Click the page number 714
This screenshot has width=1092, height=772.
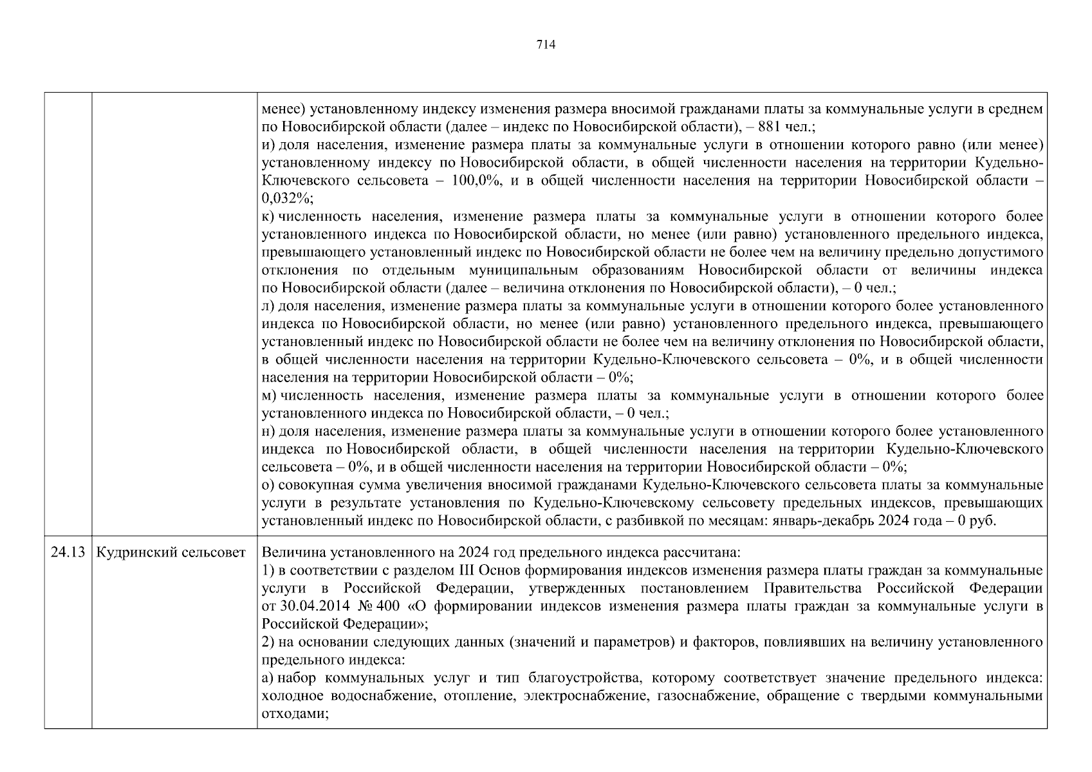[x=546, y=44]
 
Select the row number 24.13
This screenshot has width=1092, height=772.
[x=68, y=553]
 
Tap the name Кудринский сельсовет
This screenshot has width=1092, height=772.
[x=171, y=553]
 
